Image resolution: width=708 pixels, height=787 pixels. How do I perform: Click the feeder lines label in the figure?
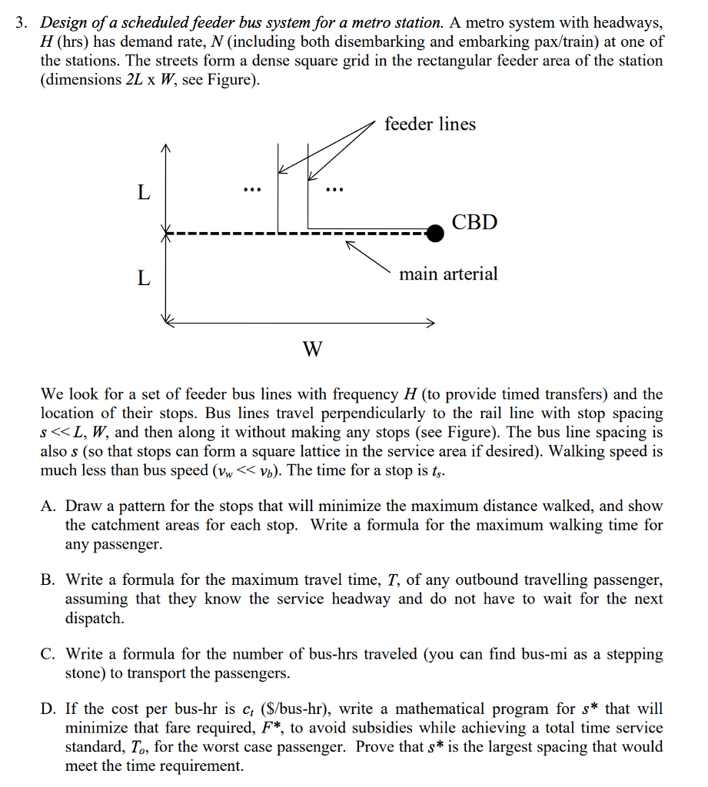430,124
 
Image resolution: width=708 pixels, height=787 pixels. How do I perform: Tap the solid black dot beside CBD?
435,233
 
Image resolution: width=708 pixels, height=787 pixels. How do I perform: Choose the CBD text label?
474,223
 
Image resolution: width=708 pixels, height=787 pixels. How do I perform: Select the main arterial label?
448,274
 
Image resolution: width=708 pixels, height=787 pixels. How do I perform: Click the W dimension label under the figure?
312,350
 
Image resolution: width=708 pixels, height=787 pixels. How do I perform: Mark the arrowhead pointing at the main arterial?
349,245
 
